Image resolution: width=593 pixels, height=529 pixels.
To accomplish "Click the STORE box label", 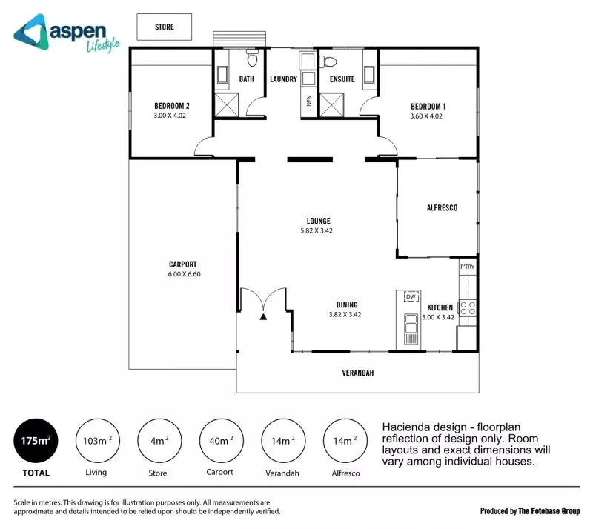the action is [x=165, y=27].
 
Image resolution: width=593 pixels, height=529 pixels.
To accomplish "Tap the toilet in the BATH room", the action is [x=252, y=58].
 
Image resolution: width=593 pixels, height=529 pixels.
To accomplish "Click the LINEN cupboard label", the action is [x=309, y=103].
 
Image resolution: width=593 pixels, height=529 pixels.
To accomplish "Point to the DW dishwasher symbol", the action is [x=411, y=296].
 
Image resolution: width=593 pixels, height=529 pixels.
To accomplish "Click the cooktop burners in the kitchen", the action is [x=468, y=307].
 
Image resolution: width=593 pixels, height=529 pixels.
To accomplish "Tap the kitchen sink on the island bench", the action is [x=411, y=328].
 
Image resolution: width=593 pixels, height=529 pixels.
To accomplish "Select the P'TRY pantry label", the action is [x=468, y=267].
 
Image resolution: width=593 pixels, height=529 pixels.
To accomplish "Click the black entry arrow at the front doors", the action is [x=263, y=317].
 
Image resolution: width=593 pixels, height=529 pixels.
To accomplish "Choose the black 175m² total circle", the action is [x=36, y=441].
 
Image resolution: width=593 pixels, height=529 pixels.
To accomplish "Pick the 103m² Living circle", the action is [x=98, y=441].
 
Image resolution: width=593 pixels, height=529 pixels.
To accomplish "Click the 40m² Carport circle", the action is [x=221, y=441].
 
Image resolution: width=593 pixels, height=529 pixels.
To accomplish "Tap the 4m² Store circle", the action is [x=159, y=441].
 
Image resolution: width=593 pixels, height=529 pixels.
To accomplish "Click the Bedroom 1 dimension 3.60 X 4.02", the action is [x=426, y=116].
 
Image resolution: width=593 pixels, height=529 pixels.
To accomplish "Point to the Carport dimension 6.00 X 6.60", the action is [x=184, y=274].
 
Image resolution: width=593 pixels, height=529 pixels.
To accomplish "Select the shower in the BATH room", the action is [x=227, y=104].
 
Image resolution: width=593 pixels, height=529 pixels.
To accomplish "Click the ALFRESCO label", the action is [x=442, y=207].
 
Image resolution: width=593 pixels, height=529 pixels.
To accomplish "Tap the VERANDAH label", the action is [x=358, y=373].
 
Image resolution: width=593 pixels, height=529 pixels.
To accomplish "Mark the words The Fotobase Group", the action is [x=549, y=511].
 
